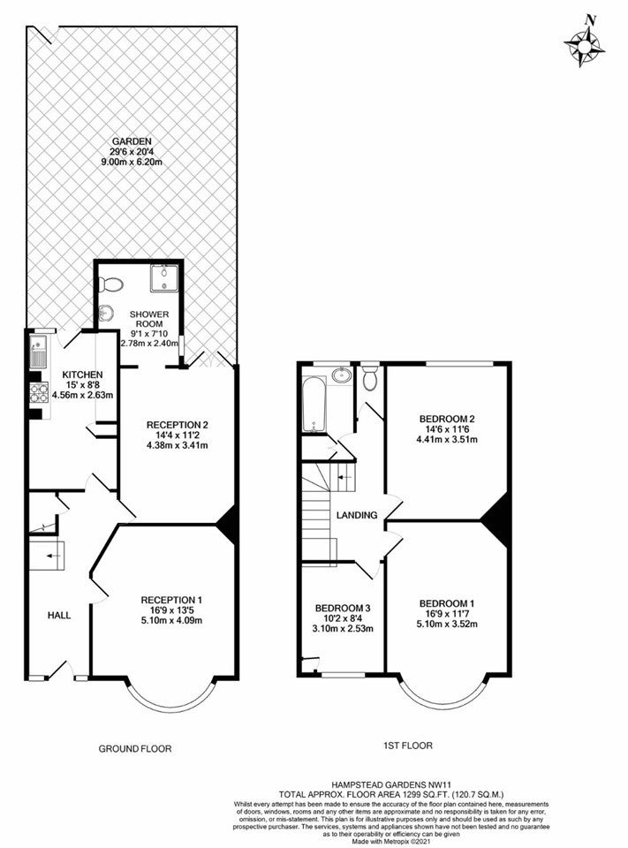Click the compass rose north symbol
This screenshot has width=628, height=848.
(x=585, y=43)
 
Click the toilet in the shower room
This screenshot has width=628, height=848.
(x=110, y=284)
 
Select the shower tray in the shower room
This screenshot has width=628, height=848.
(x=164, y=278)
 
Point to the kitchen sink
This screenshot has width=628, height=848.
(x=38, y=351)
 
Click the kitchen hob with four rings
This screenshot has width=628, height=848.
(x=39, y=392)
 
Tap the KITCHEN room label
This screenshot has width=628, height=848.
(x=82, y=375)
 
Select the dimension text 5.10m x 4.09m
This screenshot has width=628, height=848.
(x=172, y=620)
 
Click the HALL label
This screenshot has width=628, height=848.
(x=59, y=616)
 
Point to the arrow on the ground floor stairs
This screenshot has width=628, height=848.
(x=52, y=556)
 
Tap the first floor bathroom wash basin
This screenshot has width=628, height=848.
(x=341, y=375)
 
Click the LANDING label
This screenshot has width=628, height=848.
(x=357, y=515)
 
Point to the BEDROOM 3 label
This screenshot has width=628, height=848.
(x=343, y=608)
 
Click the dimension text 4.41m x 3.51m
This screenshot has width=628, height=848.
(x=446, y=439)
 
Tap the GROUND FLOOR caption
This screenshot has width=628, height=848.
(x=135, y=749)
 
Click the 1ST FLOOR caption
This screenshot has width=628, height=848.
(x=405, y=746)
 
